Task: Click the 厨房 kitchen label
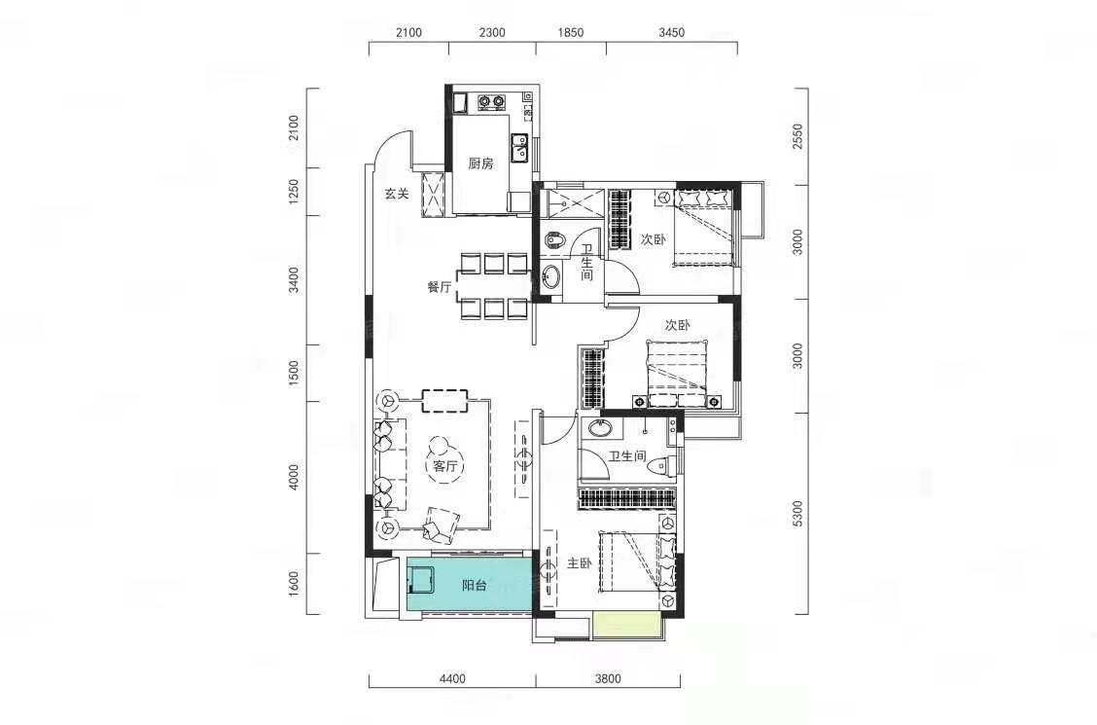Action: (x=480, y=163)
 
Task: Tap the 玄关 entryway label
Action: (x=397, y=194)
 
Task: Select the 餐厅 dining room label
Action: (x=439, y=286)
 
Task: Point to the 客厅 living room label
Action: (x=444, y=466)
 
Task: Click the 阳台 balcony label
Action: (x=475, y=585)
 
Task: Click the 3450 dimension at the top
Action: (x=672, y=32)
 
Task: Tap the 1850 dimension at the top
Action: (x=570, y=32)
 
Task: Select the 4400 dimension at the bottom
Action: (x=452, y=678)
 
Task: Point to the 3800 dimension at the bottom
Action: (x=608, y=678)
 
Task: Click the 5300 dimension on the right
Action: (x=799, y=514)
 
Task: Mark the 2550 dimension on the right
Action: (x=799, y=136)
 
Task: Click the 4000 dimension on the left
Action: (x=294, y=477)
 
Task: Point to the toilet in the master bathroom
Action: (x=662, y=465)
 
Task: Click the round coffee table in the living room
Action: (x=440, y=448)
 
